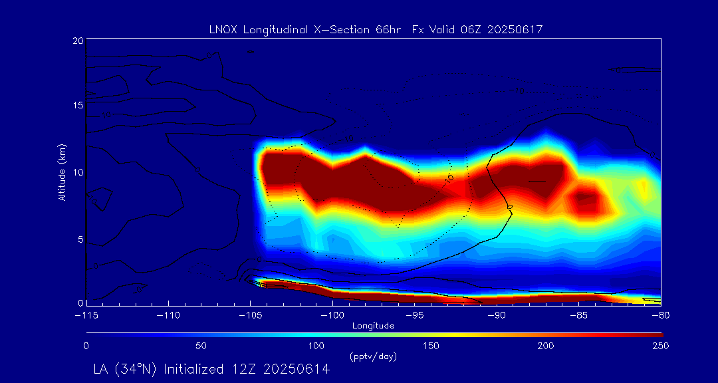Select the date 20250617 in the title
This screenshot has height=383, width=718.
click(x=523, y=29)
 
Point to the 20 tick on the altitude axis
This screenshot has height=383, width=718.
click(x=76, y=41)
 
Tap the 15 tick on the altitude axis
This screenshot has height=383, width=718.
click(x=76, y=105)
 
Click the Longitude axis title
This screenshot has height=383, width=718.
click(x=373, y=325)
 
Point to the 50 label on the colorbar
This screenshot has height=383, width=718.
click(x=201, y=346)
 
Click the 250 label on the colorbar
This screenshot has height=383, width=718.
click(x=660, y=346)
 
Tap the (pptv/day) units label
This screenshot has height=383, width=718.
click(x=373, y=356)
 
